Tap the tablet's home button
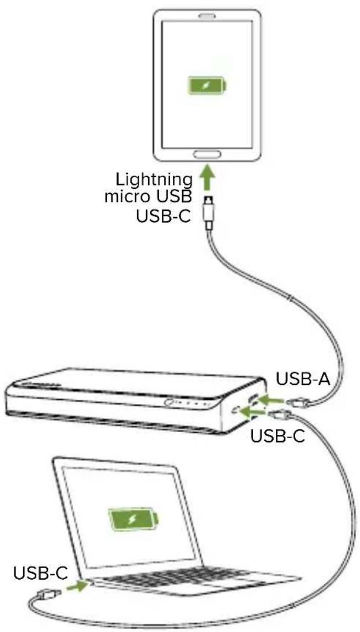click(x=206, y=154)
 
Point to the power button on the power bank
click(x=168, y=405)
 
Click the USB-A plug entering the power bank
click(x=294, y=402)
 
